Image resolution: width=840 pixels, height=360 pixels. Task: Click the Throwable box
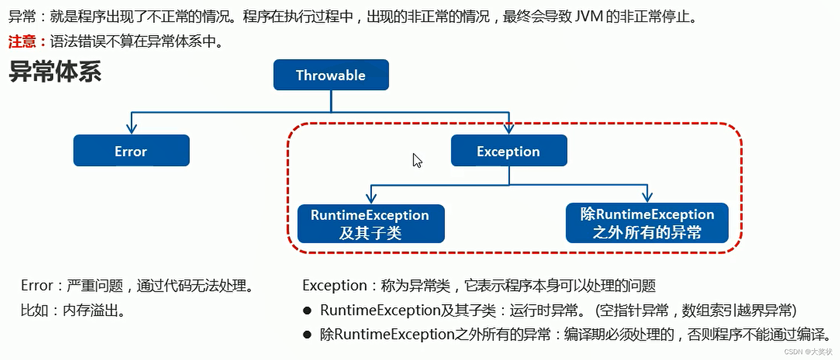331,75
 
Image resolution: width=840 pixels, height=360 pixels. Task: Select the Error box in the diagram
131,151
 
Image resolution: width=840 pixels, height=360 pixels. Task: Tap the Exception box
509,151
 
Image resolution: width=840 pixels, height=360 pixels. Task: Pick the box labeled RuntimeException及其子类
371,224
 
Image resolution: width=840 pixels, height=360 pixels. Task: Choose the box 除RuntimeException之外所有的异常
647,223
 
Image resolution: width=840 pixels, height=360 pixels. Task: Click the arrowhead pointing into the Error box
131,128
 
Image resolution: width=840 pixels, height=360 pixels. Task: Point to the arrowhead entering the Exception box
509,128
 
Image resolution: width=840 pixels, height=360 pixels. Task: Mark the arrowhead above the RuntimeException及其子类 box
371,197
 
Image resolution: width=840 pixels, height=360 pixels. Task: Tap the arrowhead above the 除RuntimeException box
647,196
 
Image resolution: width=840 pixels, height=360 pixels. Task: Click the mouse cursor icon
417,160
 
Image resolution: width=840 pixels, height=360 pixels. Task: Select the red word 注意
22,42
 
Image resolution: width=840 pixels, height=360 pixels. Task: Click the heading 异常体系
55,72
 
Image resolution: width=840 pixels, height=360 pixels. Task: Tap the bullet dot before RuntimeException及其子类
307,311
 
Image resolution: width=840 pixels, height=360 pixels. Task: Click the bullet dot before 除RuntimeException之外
307,335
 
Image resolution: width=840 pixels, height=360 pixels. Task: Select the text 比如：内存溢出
73,310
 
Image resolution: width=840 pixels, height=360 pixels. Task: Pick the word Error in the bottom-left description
36,285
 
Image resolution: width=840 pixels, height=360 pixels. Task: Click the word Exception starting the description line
334,285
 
